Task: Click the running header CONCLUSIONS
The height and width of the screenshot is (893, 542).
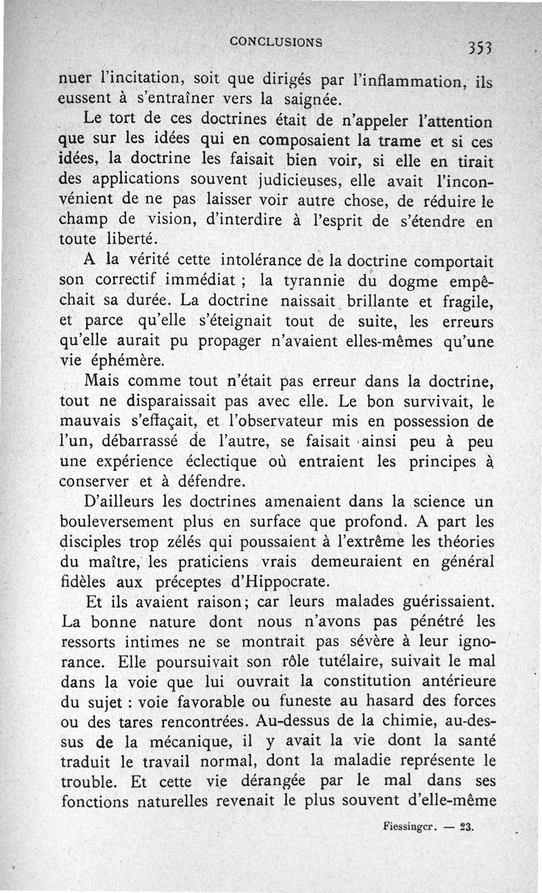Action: tap(276, 41)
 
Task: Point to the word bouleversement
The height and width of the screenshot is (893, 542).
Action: tap(121, 522)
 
